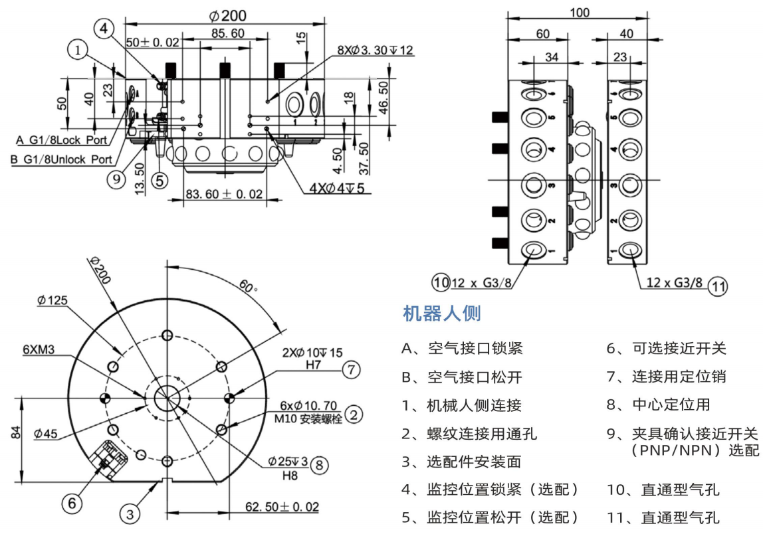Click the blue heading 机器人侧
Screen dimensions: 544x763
(x=442, y=314)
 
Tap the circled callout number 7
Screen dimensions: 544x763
(x=352, y=369)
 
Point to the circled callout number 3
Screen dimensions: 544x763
(x=130, y=513)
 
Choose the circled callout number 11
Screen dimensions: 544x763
(x=717, y=286)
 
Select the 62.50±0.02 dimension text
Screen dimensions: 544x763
(x=282, y=507)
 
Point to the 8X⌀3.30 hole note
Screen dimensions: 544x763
(x=375, y=50)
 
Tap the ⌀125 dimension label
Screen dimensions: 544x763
(x=53, y=300)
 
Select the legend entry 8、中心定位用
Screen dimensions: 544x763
(x=658, y=405)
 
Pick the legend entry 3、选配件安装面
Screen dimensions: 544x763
(x=469, y=462)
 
